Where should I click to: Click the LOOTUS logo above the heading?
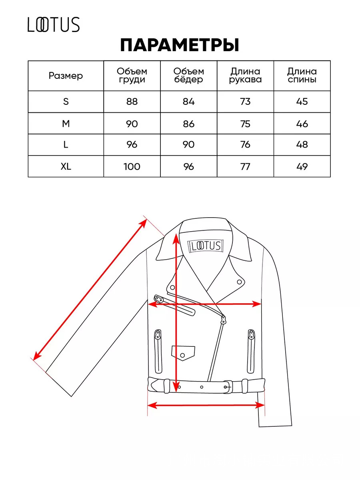coord(54,25)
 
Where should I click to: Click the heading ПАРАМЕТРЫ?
coord(180,45)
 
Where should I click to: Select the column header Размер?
coord(66,76)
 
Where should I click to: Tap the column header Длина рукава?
coord(245,76)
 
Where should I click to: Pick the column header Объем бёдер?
coord(189,76)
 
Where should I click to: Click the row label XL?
coord(66,167)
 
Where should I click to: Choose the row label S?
coord(66,102)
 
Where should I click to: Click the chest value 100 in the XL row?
coord(132,167)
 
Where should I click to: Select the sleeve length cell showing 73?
coord(245,102)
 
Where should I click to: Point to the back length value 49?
coord(302,167)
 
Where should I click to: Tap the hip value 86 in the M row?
coord(189,124)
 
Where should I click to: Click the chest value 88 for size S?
coord(132,102)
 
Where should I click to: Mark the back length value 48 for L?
coord(302,144)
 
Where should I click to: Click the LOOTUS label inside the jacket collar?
coord(206,246)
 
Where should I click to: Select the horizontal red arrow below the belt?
coord(206,406)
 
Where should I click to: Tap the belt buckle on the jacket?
coord(228,387)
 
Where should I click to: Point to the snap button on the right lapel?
coord(240,282)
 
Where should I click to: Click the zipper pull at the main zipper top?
coord(224,320)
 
